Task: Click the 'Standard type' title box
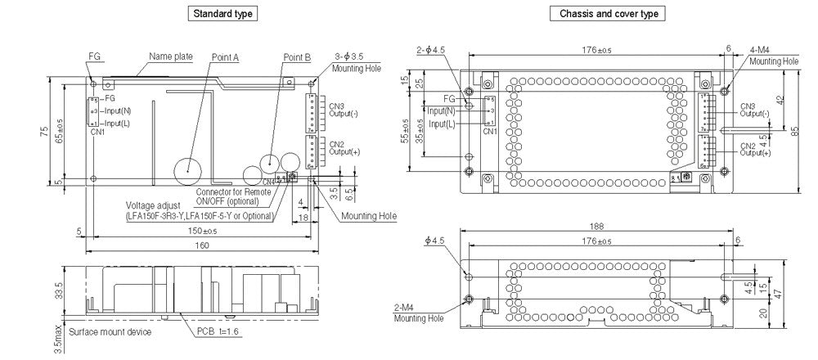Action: point(222,14)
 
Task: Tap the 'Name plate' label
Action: point(170,56)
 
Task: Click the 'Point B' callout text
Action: point(297,57)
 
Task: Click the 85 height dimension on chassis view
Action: point(794,130)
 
